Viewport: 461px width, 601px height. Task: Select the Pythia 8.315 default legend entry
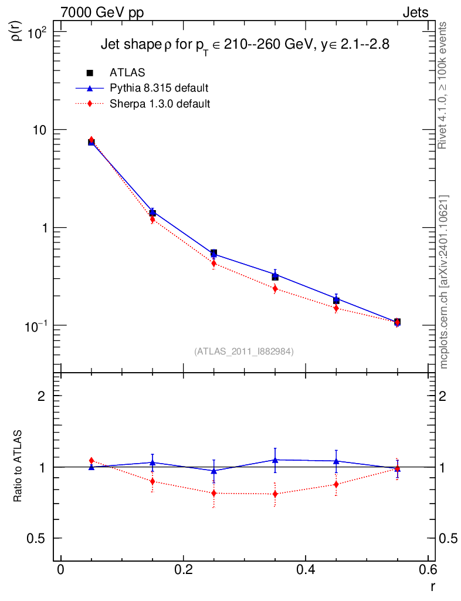click(159, 88)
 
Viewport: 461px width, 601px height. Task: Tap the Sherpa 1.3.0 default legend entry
click(160, 104)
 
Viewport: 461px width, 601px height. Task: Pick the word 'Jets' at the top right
click(415, 12)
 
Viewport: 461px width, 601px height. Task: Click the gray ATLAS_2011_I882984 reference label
click(244, 351)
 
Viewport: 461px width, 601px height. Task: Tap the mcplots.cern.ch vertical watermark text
click(445, 282)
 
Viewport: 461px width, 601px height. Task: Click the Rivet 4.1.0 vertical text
click(444, 86)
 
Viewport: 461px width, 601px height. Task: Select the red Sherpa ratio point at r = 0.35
click(275, 494)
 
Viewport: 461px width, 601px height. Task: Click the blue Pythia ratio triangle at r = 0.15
click(152, 462)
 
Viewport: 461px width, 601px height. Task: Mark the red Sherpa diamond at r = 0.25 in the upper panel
click(214, 264)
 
